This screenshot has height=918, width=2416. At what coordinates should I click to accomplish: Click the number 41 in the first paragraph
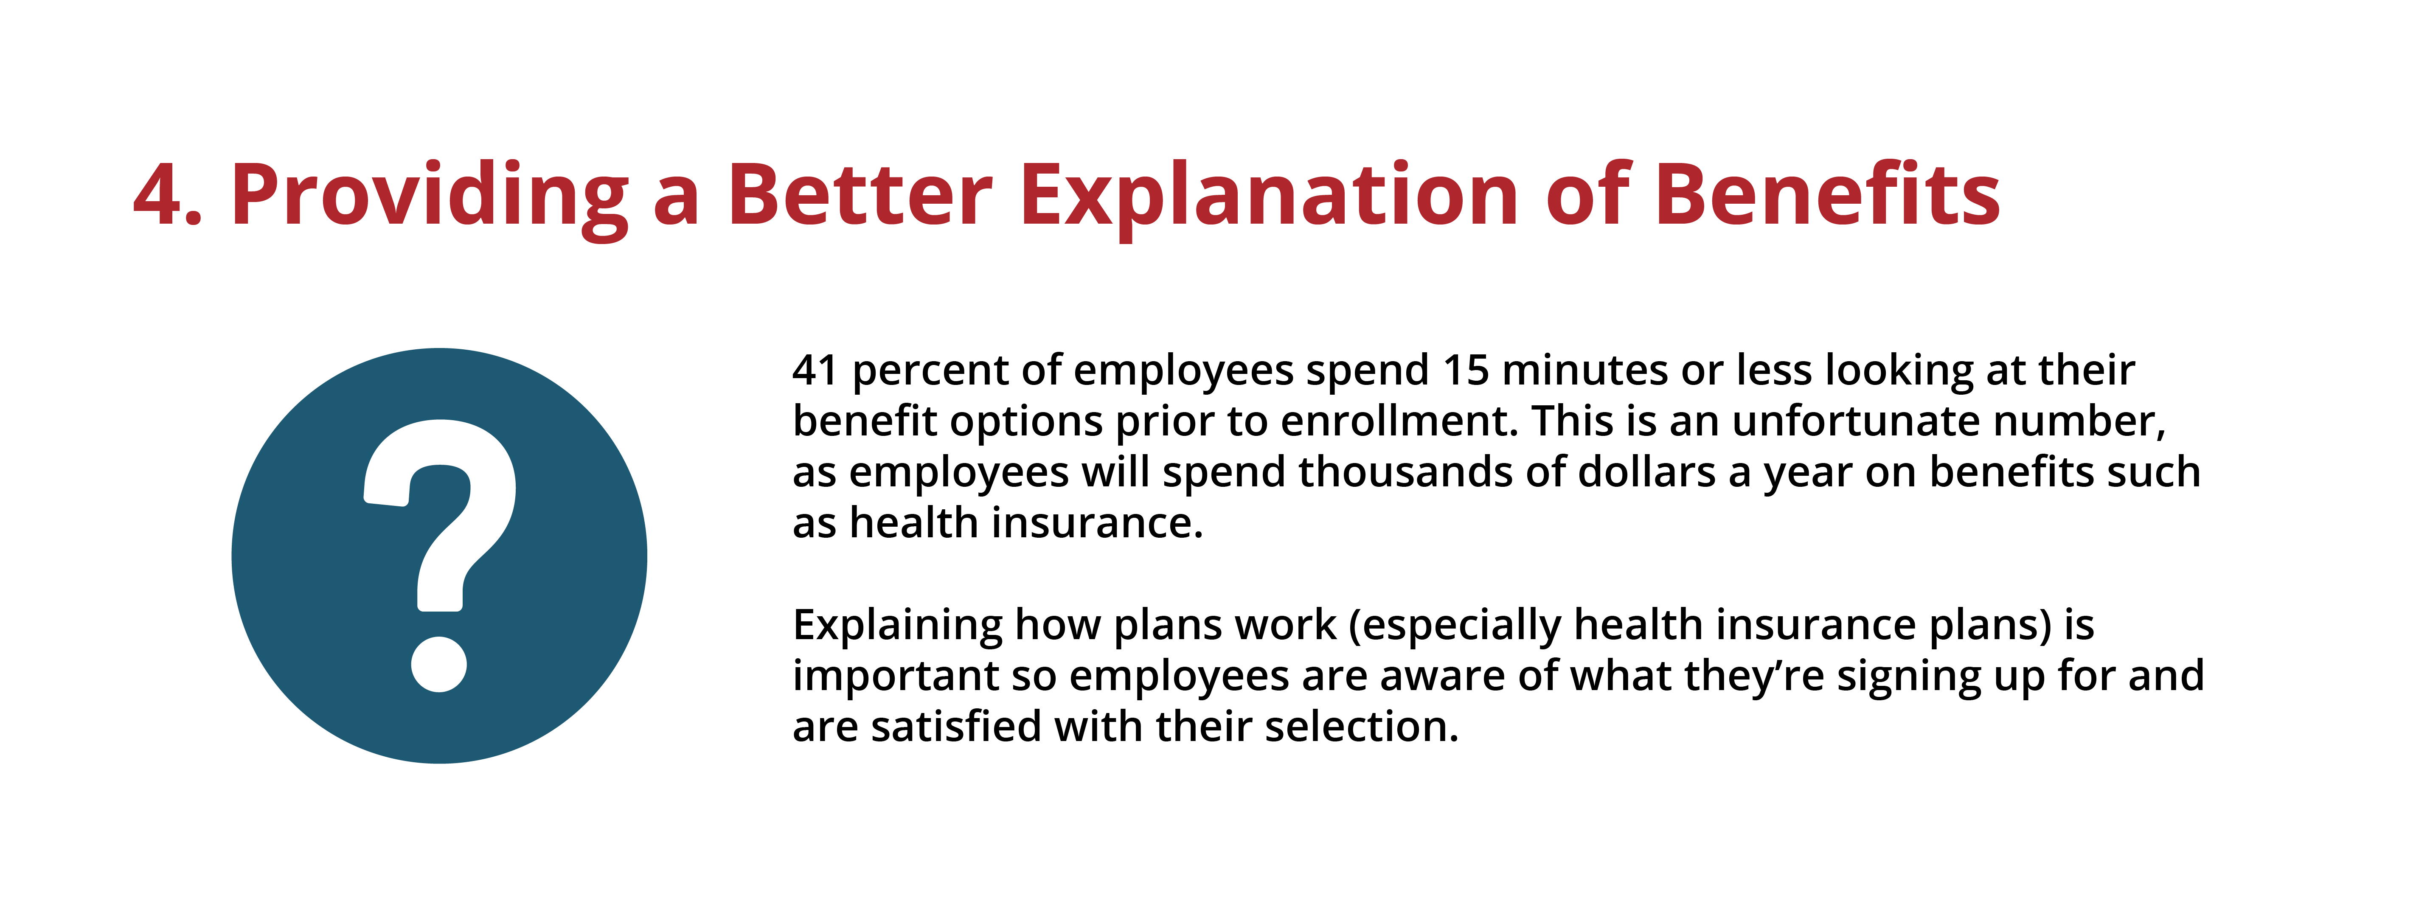tap(814, 371)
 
